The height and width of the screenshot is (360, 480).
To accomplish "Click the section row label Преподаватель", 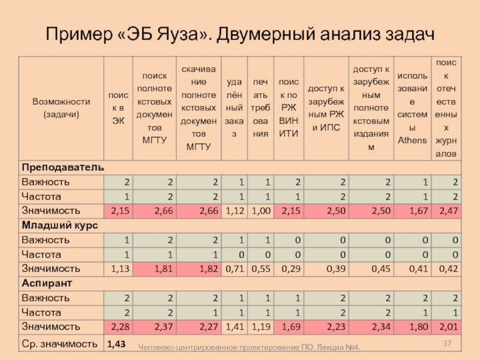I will (62, 167).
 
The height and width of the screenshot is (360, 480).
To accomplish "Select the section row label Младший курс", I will (60, 225).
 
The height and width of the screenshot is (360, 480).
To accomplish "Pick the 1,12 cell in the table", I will (233, 211).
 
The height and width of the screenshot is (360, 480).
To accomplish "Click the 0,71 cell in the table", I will (233, 269).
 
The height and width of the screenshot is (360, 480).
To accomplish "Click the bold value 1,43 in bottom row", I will (116, 344).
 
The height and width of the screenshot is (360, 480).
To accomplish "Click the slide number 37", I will (447, 343).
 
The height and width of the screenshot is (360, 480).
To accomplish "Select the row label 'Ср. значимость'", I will (59, 344).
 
